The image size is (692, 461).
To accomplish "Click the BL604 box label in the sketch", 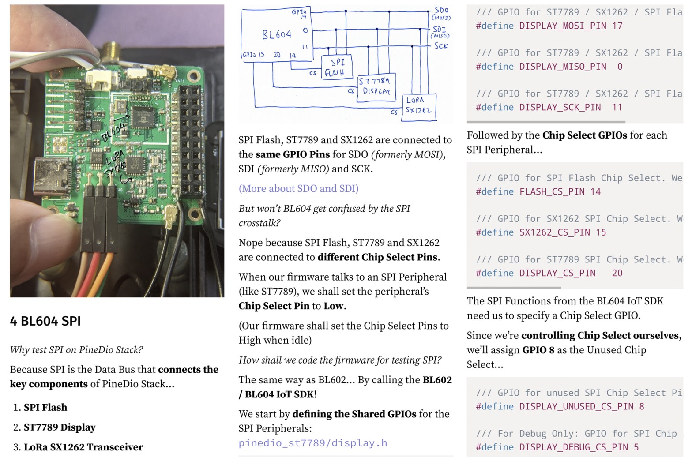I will coord(277,34).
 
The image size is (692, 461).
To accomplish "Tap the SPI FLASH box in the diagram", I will coord(338,67).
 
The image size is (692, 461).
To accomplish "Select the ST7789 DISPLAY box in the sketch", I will coord(376,86).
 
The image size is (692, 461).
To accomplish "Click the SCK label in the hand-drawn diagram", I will coord(440,46).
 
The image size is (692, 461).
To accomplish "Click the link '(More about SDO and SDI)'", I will coord(298,188).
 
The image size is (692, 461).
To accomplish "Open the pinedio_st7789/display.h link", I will coord(313,443).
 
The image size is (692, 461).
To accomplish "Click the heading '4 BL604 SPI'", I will coord(45,321).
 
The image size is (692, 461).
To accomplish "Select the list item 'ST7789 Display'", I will coord(60,427).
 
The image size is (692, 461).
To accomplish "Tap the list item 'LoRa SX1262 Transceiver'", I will coord(83,447).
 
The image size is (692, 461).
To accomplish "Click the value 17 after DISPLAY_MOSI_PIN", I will coord(617,26).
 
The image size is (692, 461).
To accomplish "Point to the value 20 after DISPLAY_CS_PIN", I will coord(617,273).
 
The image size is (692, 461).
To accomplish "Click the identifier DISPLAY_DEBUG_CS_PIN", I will coord(573,447).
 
